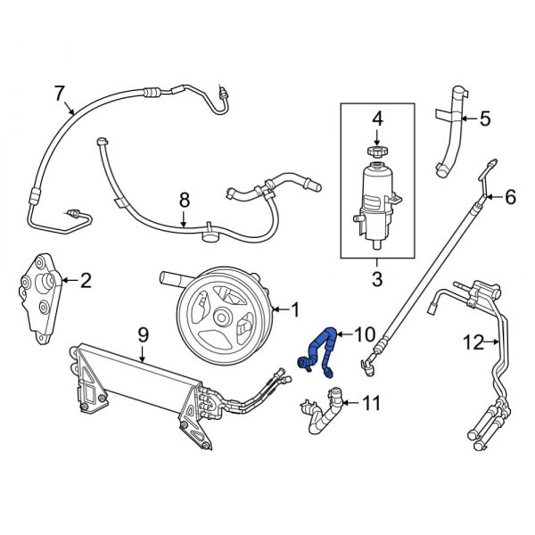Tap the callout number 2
pos(86,282)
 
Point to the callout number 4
pos(376,117)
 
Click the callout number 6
pos(510,197)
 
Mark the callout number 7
pos(60,92)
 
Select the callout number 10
pos(366,334)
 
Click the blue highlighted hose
pos(323,349)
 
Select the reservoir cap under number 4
pos(376,153)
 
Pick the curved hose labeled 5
pos(451,134)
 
